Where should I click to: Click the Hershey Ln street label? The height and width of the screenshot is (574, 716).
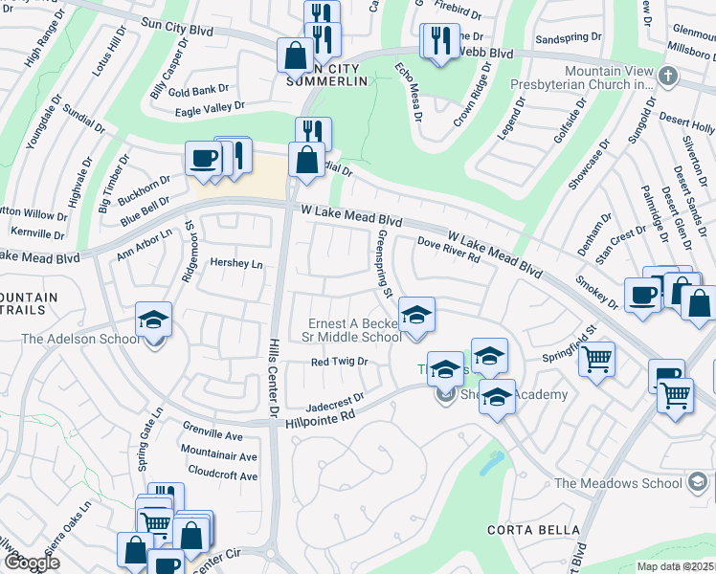click(236, 263)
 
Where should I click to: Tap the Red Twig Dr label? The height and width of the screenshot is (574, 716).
click(340, 362)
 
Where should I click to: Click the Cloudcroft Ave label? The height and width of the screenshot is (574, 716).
click(223, 475)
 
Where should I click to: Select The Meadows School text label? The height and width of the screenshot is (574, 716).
click(617, 483)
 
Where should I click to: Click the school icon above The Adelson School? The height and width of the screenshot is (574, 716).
click(154, 319)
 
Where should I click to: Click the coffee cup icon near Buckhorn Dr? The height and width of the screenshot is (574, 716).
click(204, 157)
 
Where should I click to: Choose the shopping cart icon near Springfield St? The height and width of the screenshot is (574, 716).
click(597, 360)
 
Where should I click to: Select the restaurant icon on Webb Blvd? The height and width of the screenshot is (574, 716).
click(439, 39)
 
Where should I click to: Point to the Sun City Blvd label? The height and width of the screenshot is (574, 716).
click(176, 30)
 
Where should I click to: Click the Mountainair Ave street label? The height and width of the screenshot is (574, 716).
click(219, 457)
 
